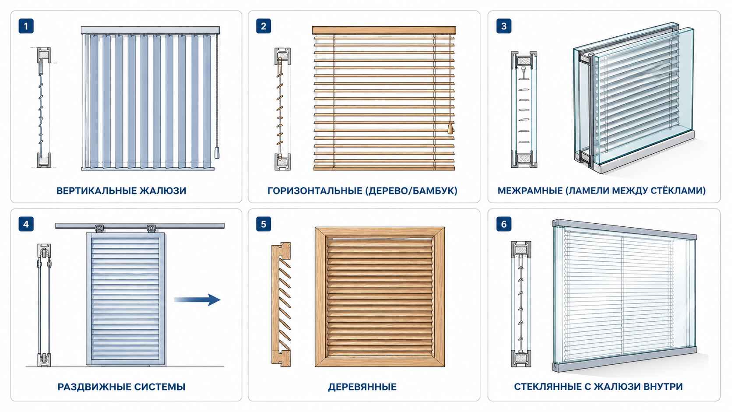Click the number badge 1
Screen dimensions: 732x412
coord(26,26)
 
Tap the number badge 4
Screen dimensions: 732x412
coord(26,225)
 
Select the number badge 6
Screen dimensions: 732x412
coord(503,225)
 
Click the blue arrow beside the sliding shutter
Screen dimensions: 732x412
coord(197,299)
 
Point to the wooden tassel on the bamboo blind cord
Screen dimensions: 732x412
coord(450,128)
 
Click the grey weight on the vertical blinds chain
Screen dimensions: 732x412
coord(217,153)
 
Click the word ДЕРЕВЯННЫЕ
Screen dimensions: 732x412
coord(362,387)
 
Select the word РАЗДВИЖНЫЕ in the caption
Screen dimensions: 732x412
coord(93,387)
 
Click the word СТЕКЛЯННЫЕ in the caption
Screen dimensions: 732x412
coord(548,387)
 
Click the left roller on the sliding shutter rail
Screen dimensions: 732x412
coord(99,228)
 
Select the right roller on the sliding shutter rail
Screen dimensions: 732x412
coord(151,228)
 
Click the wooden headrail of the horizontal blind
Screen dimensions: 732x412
coord(384,30)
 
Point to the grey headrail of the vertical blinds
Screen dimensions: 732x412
coord(150,30)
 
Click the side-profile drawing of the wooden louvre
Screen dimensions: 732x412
coord(281,304)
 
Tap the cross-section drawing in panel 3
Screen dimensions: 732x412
coord(524,109)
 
